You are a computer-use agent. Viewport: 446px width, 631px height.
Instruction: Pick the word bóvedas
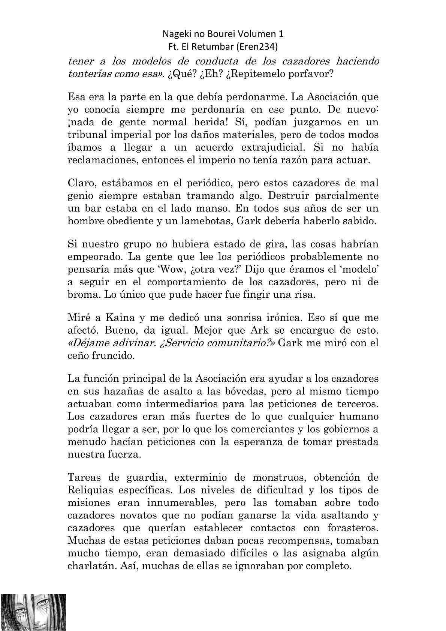point(243,391)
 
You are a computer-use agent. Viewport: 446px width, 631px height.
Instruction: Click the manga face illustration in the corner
point(33,612)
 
